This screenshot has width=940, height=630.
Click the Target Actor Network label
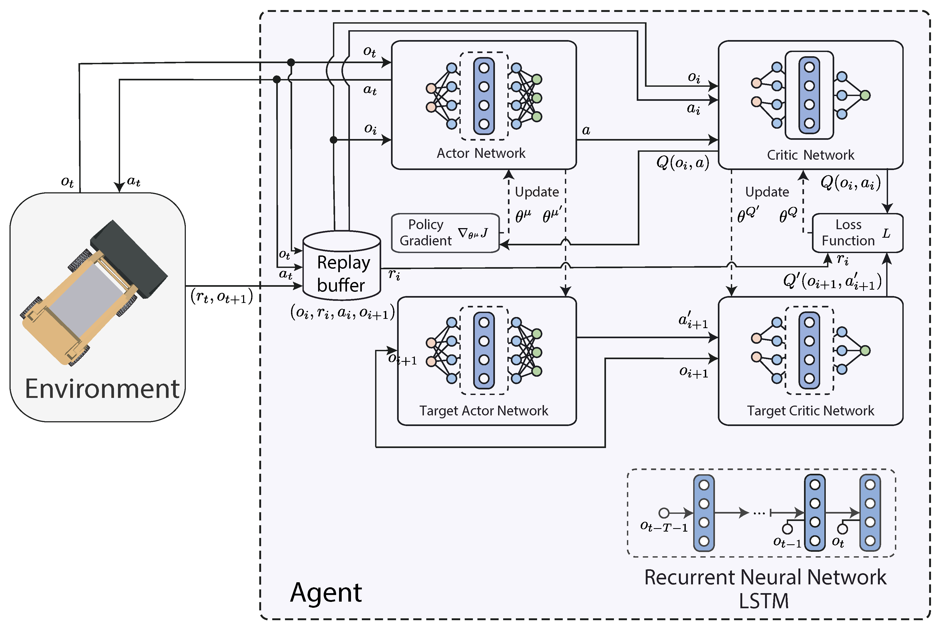pos(484,411)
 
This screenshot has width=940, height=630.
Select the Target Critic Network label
pos(810,411)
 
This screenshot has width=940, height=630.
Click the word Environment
pos(102,389)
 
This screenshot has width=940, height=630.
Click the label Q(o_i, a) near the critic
pos(683,163)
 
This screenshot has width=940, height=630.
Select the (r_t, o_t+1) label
pos(222,297)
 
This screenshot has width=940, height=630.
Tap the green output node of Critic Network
pos(865,95)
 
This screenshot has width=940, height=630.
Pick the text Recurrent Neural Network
pos(765,577)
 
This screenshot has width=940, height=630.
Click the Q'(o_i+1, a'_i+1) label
pos(832,281)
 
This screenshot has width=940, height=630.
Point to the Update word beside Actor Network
pos(537,192)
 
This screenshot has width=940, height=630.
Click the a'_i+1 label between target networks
pos(693,321)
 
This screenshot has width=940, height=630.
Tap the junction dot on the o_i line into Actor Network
pos(333,140)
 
